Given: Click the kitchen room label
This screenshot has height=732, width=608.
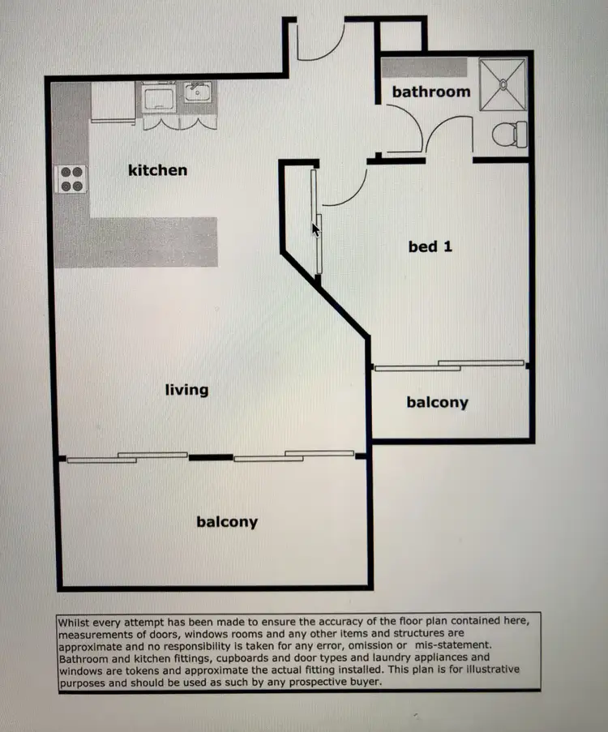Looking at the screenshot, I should click(157, 170).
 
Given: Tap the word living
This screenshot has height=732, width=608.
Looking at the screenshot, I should click(186, 390).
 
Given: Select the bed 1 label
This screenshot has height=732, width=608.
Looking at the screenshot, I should click(430, 246).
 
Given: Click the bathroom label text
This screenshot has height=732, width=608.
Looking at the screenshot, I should click(430, 92).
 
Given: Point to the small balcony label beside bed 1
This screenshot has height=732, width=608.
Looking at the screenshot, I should click(437, 402).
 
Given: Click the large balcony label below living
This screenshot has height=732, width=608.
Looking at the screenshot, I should click(227, 522).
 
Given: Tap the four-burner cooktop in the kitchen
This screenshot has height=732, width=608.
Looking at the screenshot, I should click(71, 179).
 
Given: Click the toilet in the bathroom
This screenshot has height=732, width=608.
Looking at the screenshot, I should click(510, 133).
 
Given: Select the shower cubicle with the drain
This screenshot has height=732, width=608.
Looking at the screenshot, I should click(503, 84).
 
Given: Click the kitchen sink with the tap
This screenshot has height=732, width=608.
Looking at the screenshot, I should click(196, 92).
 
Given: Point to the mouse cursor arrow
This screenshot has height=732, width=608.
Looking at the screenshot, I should click(316, 229).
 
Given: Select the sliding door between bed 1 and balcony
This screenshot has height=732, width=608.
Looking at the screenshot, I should click(450, 366).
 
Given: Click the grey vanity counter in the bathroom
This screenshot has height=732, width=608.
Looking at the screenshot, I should click(424, 67).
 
